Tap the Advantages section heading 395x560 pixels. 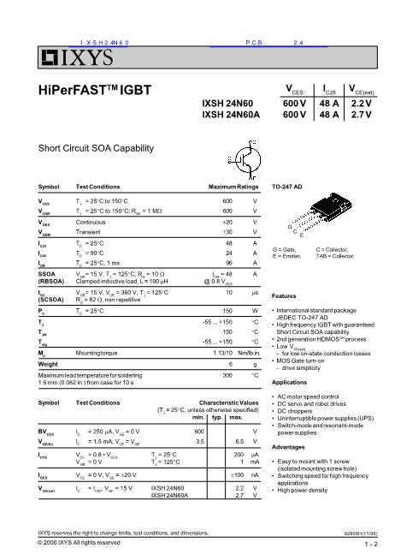[x=288, y=447]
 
